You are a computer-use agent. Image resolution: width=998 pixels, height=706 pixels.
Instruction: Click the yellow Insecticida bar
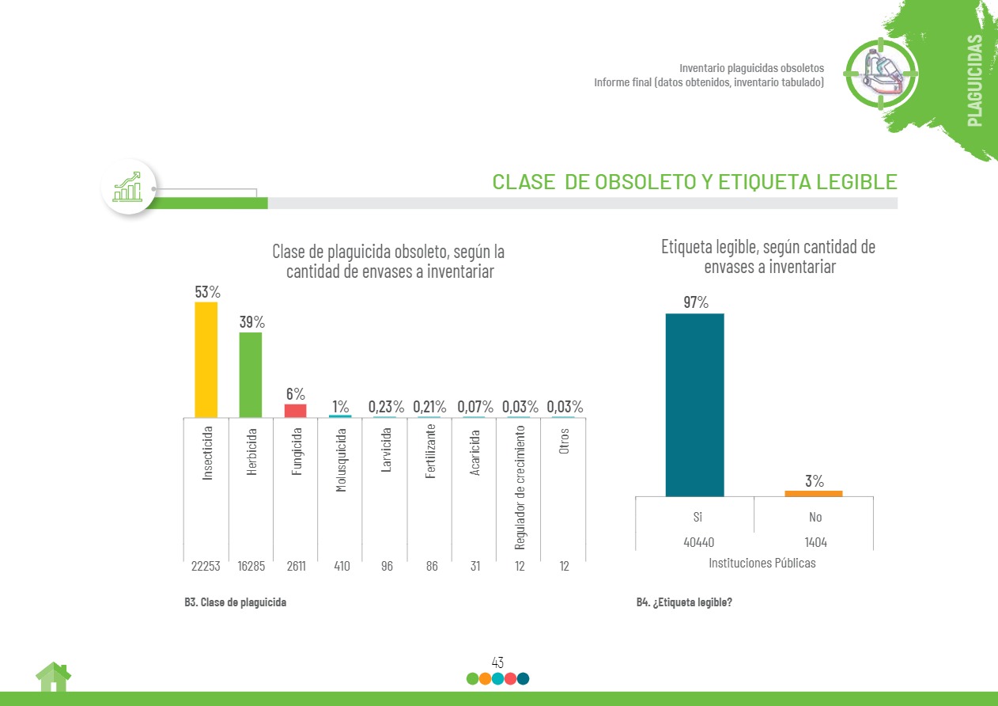coord(206,359)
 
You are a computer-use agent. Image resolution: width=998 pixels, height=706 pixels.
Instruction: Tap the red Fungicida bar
coord(295,410)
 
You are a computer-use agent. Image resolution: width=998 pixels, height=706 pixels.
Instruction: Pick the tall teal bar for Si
coord(694,404)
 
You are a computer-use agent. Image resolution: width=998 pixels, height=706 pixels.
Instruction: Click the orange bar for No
coord(813,493)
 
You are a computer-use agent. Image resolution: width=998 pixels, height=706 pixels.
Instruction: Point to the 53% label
coord(207,292)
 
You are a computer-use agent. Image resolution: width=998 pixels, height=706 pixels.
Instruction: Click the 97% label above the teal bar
coord(696,302)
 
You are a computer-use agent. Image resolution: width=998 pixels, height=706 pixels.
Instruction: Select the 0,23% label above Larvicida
coord(386,407)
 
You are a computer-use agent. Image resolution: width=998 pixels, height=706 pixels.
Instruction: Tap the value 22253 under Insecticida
coord(206,567)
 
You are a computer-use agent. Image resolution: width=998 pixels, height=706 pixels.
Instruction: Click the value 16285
coord(251,567)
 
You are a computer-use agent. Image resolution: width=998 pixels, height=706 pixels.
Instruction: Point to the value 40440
coord(697,542)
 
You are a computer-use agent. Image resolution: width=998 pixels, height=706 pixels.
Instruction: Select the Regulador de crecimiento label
coord(520,487)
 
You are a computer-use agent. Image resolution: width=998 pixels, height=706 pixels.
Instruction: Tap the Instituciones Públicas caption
coord(762,564)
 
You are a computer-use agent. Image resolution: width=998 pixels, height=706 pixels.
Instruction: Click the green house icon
coord(53,678)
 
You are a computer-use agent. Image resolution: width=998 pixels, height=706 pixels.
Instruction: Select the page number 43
coord(497,662)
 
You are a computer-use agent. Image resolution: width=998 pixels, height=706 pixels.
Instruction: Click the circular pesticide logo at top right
coord(881,72)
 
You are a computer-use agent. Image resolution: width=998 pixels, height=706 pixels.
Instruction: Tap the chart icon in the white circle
coord(128,187)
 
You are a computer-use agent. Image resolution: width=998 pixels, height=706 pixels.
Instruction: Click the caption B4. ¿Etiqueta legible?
coord(684,602)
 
